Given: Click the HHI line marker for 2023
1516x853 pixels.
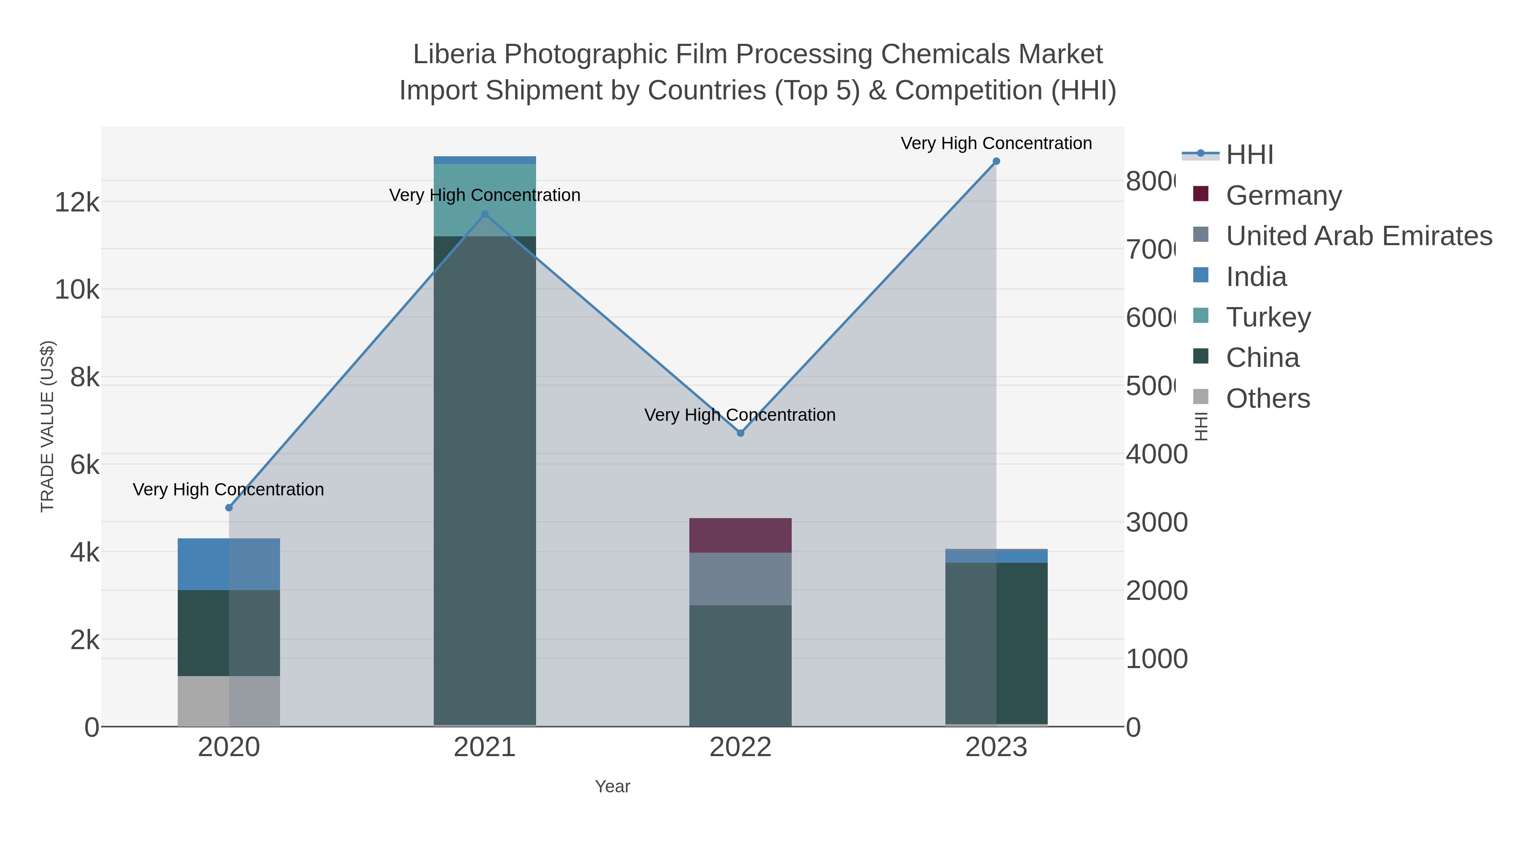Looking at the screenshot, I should click(x=996, y=161).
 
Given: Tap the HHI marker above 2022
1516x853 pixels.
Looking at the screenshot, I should click(x=740, y=433).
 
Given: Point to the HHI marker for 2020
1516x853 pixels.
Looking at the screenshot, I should click(x=229, y=508).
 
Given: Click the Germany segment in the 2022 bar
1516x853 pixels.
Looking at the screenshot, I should click(x=740, y=535).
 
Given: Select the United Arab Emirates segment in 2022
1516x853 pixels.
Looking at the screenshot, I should click(x=740, y=579).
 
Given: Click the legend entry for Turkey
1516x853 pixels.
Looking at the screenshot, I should click(x=1268, y=317).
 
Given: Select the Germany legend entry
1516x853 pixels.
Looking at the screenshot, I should click(x=1284, y=195).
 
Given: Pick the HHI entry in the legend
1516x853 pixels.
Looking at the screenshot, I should click(x=1249, y=155).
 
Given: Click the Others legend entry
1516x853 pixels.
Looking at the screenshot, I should click(x=1268, y=398).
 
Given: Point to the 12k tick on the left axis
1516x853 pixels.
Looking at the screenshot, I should click(x=77, y=203).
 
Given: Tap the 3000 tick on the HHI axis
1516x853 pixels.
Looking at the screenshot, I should click(x=1156, y=523).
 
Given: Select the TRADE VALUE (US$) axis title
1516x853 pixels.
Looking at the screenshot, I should click(x=47, y=426).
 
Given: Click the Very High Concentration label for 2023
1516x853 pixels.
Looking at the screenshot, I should click(x=996, y=143).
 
